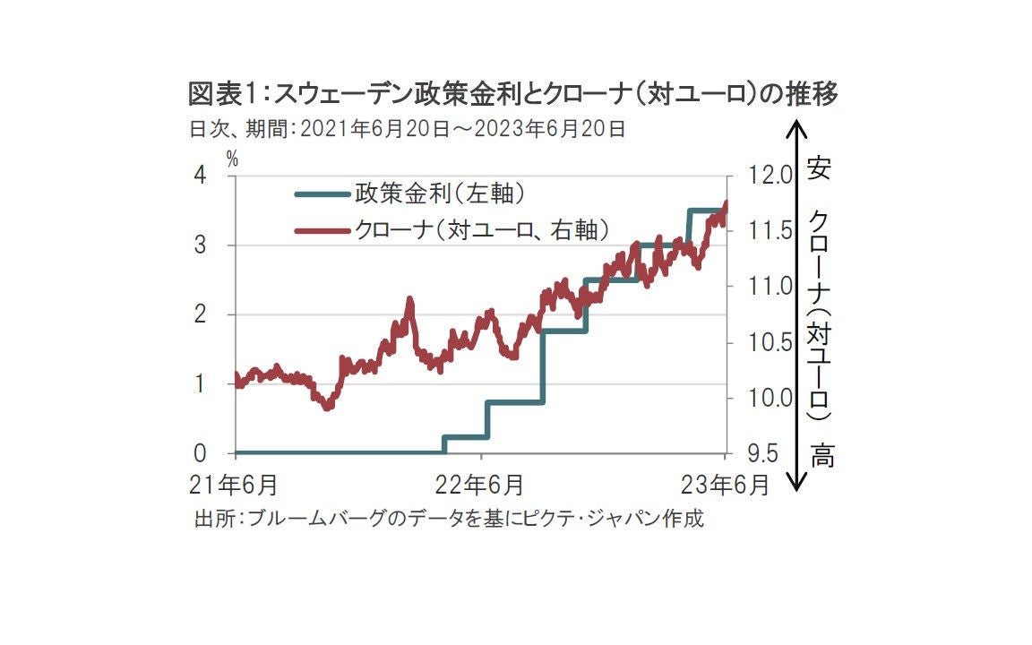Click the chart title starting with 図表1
[x=512, y=93]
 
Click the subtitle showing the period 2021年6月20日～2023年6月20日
[x=407, y=128]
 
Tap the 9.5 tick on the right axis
[x=759, y=453]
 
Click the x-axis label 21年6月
[x=233, y=485]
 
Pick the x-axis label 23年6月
[x=724, y=485]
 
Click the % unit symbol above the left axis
[x=232, y=159]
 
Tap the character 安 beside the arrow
[x=818, y=168]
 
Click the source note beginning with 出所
[x=449, y=519]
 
